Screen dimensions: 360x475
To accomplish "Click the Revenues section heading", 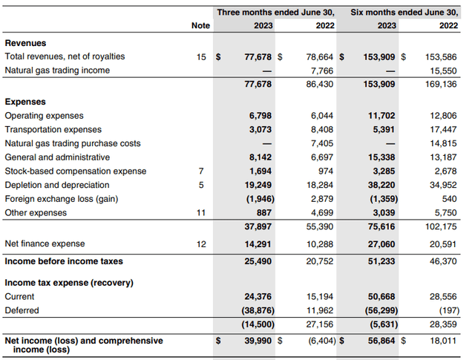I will pyautogui.click(x=27, y=44).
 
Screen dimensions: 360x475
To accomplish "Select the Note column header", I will pyautogui.click(x=200, y=25).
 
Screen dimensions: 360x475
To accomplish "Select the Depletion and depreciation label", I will pyautogui.click(x=51, y=185).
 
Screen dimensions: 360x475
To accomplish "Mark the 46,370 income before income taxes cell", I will pyautogui.click(x=442, y=261).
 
